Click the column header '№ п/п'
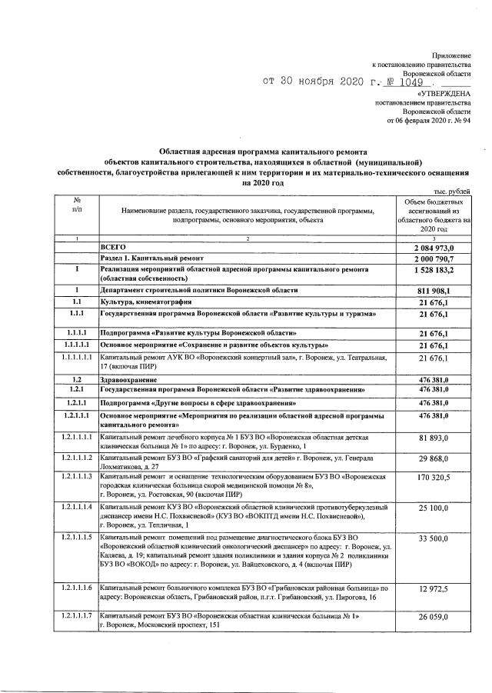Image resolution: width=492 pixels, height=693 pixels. pos(77,205)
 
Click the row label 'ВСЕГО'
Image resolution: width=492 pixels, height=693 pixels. pos(113,246)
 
